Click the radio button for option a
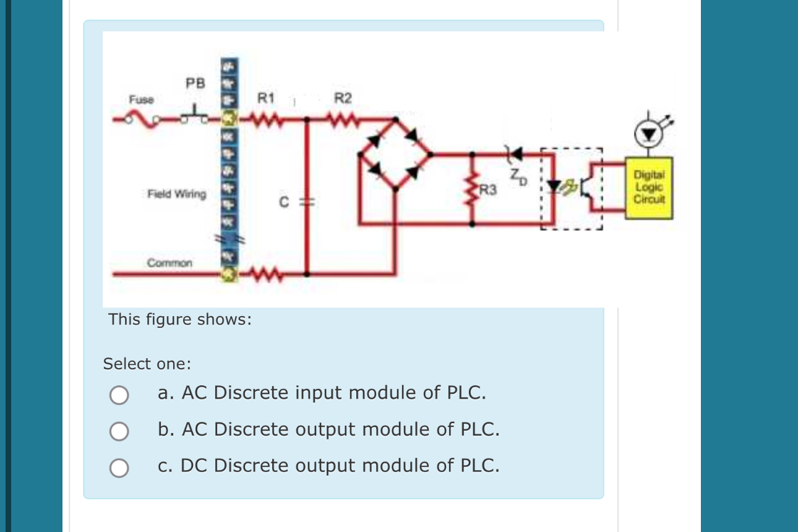[119, 395]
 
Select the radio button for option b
[119, 431]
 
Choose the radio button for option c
[119, 468]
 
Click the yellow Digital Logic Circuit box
[648, 187]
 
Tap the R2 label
[343, 98]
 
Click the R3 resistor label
[489, 190]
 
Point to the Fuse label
[141, 99]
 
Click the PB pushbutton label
[195, 83]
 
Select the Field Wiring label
[176, 194]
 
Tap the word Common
[169, 263]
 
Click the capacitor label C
[284, 202]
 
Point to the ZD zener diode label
[518, 178]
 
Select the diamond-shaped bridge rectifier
[396, 155]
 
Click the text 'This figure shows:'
[180, 320]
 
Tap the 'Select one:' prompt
[147, 364]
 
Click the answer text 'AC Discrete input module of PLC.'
[333, 393]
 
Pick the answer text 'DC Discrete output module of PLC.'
[340, 465]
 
